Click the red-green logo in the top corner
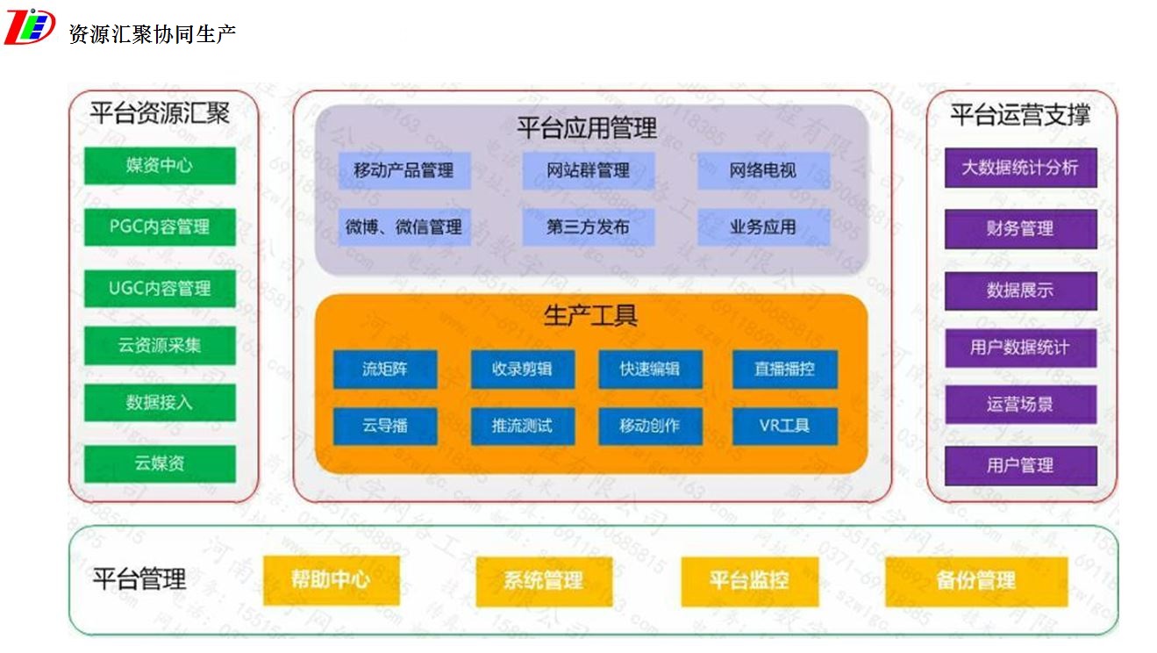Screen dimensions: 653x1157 29,26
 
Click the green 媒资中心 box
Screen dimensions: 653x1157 160,165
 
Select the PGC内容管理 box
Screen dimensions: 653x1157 160,226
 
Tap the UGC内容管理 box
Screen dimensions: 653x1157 160,288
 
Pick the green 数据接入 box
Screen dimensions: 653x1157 160,403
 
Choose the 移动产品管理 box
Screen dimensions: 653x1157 404,170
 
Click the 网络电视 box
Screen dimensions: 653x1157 763,170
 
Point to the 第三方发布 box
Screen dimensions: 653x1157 588,226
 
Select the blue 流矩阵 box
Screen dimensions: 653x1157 385,370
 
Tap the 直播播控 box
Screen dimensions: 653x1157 784,370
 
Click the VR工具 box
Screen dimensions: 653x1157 784,426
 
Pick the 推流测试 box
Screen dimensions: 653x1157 522,426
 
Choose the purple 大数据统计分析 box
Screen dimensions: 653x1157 1020,167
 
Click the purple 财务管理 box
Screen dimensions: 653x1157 1020,228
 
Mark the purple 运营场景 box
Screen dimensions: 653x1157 1020,405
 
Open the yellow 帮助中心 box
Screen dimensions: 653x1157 331,579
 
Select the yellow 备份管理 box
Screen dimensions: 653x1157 975,580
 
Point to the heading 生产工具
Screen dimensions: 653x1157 590,315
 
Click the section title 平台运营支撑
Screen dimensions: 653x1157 1020,114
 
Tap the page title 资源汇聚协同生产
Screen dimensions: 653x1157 152,34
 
